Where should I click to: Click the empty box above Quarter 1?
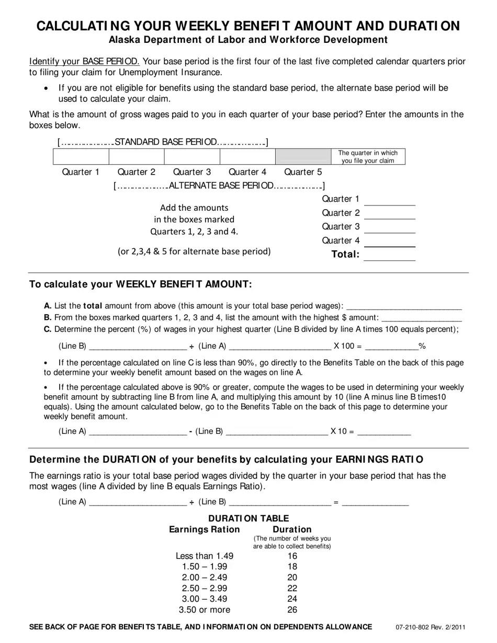coord(81,156)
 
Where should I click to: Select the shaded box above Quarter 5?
coord(303,156)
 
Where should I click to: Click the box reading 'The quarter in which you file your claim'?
coord(368,156)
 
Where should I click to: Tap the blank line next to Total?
coord(389,256)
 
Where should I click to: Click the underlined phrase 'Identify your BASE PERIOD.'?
coord(84,61)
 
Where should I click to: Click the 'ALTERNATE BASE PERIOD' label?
coord(221,186)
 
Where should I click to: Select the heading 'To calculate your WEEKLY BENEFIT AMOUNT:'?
coord(140,284)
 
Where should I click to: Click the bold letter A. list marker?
coord(48,306)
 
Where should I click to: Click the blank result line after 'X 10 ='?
coord(384,432)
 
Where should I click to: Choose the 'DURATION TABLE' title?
coord(249,518)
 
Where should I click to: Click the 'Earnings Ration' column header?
coord(204,530)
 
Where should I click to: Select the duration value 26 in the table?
coord(292,610)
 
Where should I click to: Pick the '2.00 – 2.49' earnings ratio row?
coord(205,577)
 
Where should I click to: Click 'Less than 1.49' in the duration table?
coord(205,556)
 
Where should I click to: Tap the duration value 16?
coord(292,556)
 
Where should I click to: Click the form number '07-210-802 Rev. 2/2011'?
coord(431,627)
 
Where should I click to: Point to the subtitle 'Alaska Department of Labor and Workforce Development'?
coord(248,40)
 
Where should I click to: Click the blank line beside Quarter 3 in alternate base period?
coord(389,228)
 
